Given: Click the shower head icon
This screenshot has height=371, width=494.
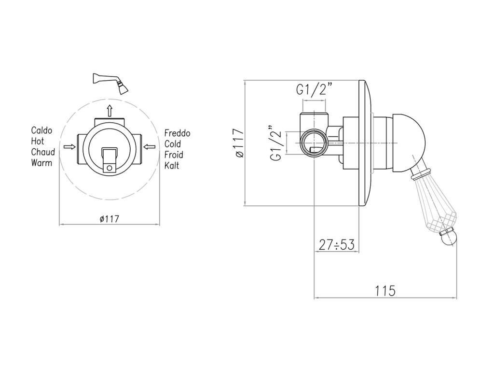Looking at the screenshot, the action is point(110,83).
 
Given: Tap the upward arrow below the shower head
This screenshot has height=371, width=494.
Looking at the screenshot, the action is point(110,111).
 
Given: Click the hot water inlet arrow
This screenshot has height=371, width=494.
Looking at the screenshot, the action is point(69,147).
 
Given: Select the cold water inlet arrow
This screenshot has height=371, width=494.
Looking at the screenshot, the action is point(150,147).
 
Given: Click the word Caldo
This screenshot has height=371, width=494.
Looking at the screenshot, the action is point(41,130).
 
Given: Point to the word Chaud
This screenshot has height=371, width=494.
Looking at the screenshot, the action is point(43,152).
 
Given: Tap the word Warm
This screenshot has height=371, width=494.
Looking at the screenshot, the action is point(41,163).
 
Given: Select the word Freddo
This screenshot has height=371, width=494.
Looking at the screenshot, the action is point(178,133).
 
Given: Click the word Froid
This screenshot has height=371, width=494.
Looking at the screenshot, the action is point(174,155).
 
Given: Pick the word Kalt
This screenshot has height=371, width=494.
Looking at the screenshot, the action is point(172,165).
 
